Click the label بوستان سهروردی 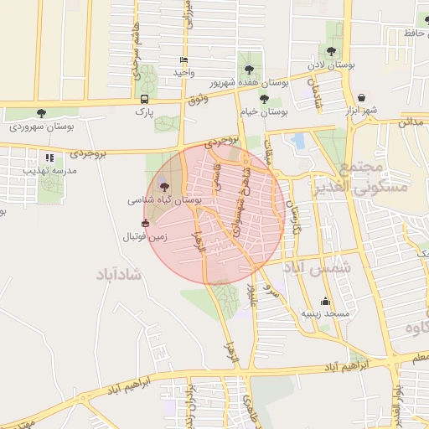click(x=42, y=127)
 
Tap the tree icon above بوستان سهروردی click(x=42, y=113)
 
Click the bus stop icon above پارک click(x=145, y=99)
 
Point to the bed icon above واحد click(x=183, y=59)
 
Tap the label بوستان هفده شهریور click(x=248, y=83)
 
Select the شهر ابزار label click(x=361, y=111)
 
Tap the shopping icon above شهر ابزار click(x=361, y=97)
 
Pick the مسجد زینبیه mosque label click(x=326, y=314)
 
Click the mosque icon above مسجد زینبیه click(x=326, y=302)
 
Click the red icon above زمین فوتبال click(x=146, y=224)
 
